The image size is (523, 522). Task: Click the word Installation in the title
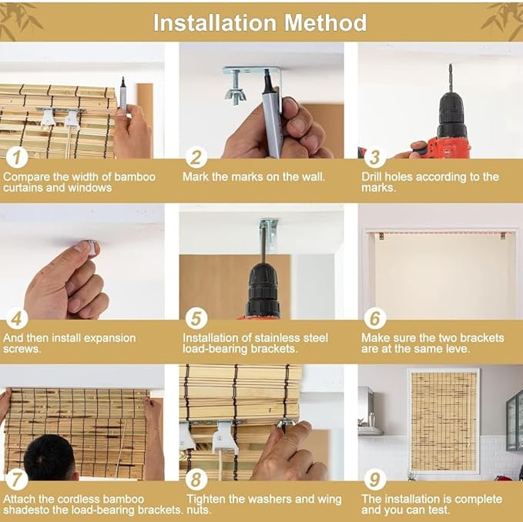pyautogui.click(x=215, y=22)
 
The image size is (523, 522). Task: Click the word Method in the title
pyautogui.click(x=325, y=22)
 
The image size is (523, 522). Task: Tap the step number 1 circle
pyautogui.click(x=17, y=157)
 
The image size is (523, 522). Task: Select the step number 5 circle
pyautogui.click(x=196, y=318)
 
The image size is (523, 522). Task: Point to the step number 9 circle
pyautogui.click(x=375, y=479)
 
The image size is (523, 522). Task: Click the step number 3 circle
pyautogui.click(x=375, y=157)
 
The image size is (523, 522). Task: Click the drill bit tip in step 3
pyautogui.click(x=451, y=65)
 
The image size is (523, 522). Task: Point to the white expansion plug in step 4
pyautogui.click(x=92, y=248)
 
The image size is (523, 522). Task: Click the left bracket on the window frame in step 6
pyautogui.click(x=381, y=236)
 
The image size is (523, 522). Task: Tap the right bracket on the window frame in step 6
pyautogui.click(x=503, y=236)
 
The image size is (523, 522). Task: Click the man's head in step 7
pyautogui.click(x=49, y=457)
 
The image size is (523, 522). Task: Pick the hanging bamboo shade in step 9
pyautogui.click(x=444, y=421)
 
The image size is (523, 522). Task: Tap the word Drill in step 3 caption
pyautogui.click(x=371, y=176)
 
